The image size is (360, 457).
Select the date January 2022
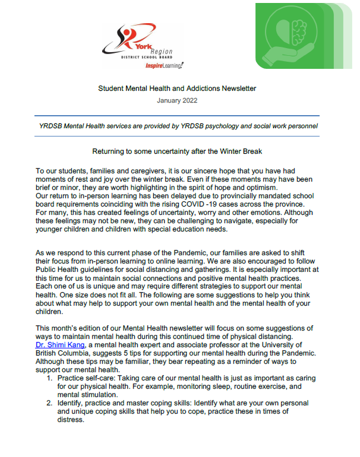tap(177, 101)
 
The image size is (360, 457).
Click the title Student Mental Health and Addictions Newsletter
tap(177, 88)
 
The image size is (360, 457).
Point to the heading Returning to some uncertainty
tap(177, 152)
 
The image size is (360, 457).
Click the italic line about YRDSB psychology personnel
tap(177, 126)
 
